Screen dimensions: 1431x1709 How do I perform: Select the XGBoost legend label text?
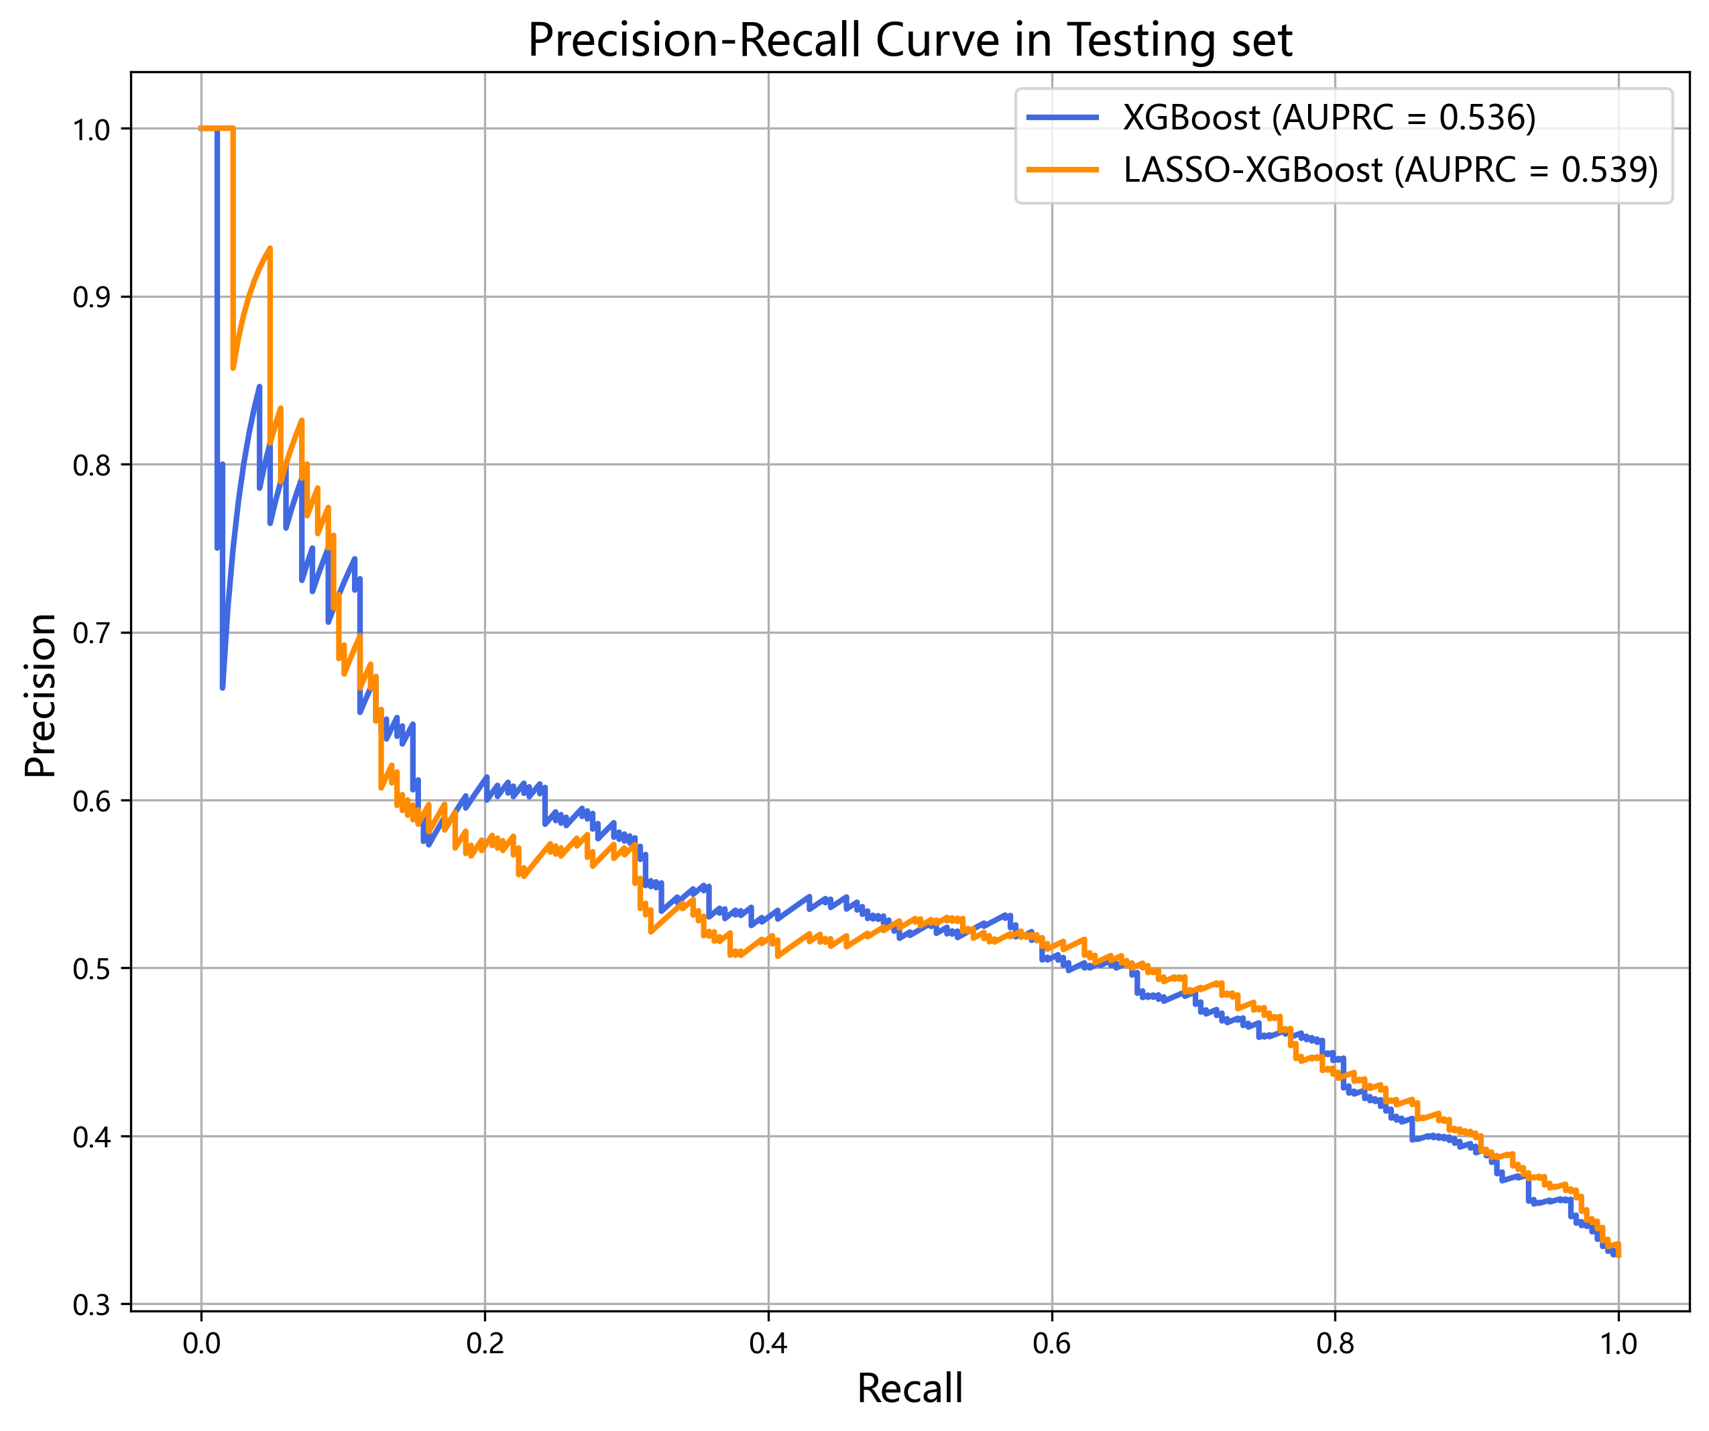tap(1329, 118)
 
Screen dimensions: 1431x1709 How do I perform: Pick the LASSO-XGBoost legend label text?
tap(1390, 170)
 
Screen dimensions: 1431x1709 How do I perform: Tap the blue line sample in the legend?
tap(1063, 118)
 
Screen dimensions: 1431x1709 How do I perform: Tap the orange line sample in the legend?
tap(1063, 170)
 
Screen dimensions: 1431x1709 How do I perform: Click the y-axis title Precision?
tap(41, 696)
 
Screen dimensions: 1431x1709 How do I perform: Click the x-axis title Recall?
tap(910, 1388)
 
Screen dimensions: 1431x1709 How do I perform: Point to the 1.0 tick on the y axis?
tap(91, 129)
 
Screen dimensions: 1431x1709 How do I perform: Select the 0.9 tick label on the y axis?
tap(91, 297)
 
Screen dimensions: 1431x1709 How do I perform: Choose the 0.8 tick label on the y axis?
tap(91, 465)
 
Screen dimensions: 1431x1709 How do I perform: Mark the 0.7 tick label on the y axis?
tap(91, 633)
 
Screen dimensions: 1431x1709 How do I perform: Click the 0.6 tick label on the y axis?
tap(91, 801)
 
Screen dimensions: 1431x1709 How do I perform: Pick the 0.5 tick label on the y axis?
tap(91, 969)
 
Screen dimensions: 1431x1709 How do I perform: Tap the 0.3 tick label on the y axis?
tap(91, 1305)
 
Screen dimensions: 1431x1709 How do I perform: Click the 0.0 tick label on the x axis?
tap(202, 1344)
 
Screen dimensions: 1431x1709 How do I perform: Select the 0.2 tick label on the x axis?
tap(485, 1344)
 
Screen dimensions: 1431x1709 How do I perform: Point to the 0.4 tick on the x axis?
tap(768, 1344)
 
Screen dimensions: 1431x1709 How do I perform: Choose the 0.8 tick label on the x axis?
tap(1335, 1344)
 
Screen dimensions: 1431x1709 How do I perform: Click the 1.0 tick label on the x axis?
tap(1618, 1344)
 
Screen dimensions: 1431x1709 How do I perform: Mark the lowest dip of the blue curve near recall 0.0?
tap(222, 688)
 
